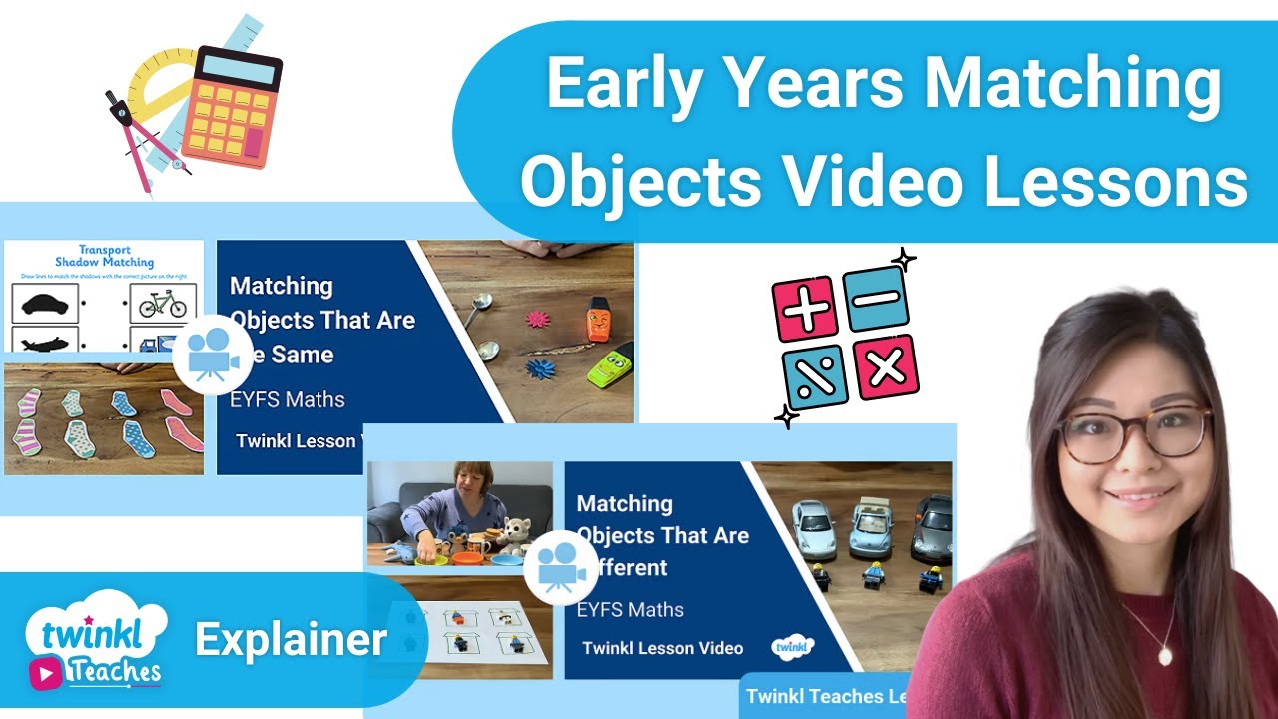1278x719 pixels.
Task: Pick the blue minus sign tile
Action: tap(876, 297)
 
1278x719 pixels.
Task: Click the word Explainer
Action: tap(291, 640)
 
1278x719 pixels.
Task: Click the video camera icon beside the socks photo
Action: tap(212, 356)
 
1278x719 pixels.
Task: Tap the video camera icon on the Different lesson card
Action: tap(560, 567)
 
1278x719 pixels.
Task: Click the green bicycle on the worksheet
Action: tap(163, 303)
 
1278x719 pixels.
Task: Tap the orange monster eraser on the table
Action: tap(597, 319)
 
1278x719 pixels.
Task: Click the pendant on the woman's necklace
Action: tap(1165, 655)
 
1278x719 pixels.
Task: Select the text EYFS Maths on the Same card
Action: tap(288, 400)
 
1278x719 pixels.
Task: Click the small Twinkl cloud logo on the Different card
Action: tap(793, 647)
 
